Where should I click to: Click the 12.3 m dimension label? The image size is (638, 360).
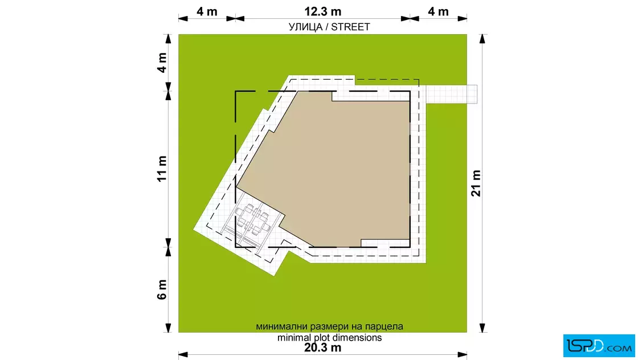(x=322, y=11)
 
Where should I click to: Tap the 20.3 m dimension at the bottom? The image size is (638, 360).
(x=322, y=348)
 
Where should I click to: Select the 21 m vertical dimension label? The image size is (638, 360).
(x=476, y=183)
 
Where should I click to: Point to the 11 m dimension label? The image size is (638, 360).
(x=162, y=169)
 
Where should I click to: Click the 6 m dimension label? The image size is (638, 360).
(x=162, y=289)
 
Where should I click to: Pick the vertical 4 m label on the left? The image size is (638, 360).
(x=162, y=63)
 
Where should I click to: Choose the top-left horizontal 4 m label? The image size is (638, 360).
(x=207, y=11)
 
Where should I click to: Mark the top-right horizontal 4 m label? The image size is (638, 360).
(x=438, y=11)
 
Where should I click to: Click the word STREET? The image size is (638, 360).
(x=350, y=27)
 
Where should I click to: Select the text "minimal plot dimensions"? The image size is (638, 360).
(x=330, y=338)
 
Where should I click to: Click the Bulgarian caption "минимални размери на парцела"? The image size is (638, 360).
(x=330, y=326)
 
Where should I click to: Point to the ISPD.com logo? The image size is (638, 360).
(x=599, y=346)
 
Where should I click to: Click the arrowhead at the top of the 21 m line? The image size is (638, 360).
(x=482, y=39)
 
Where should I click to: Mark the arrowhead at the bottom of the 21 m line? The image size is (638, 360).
(x=482, y=328)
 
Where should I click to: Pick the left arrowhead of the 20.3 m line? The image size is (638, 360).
(x=183, y=355)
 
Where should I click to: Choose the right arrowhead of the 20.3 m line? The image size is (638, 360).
(x=462, y=355)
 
